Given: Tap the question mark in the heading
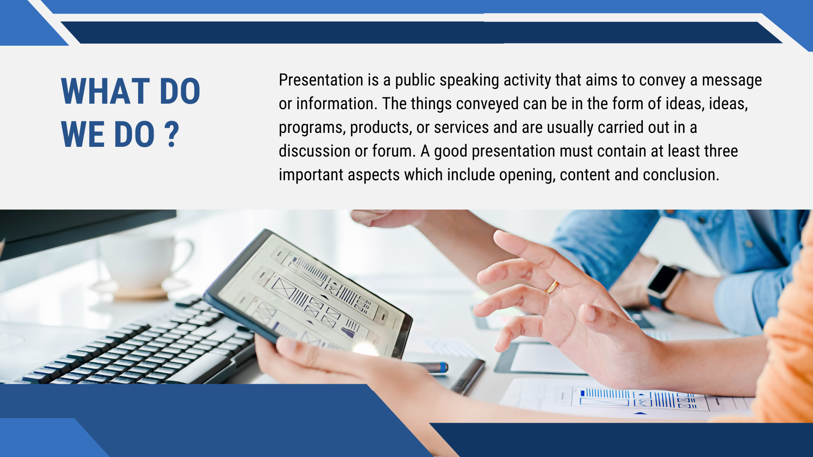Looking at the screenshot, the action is pos(171,134).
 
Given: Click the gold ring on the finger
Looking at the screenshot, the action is pos(552,287).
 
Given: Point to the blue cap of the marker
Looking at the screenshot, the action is pos(443,367).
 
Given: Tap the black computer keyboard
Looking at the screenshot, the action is pos(140,347).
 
